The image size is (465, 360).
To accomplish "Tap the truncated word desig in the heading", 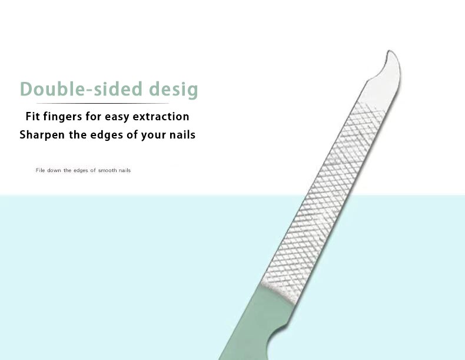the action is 173,90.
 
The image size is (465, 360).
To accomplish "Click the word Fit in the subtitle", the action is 32,116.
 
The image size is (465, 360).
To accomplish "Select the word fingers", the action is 62,117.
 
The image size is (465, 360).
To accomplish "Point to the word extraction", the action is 161,116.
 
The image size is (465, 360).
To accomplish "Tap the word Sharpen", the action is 42,135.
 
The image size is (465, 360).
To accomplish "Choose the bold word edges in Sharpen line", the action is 107,136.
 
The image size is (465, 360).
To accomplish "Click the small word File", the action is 40,170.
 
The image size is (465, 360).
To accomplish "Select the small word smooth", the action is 107,170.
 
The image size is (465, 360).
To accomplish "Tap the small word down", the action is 54,170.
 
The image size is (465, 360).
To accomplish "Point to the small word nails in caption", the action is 125,170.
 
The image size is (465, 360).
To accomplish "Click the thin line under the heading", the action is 102,103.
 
